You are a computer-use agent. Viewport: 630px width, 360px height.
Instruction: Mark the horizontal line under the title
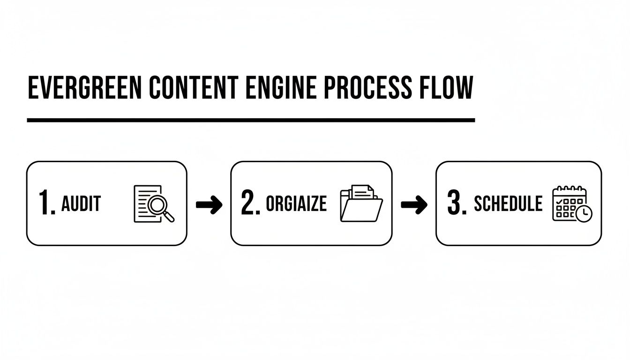pos(251,120)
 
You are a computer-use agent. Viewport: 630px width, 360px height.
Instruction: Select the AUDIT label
pos(81,204)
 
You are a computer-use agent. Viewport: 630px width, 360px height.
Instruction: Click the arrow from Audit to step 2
pos(209,204)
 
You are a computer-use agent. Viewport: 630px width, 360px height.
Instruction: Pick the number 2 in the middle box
pos(249,204)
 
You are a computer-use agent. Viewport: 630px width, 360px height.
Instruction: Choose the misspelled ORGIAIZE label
pos(296,204)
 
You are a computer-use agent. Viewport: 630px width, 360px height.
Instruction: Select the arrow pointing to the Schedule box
pos(414,204)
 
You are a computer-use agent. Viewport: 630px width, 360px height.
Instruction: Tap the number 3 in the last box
pos(456,204)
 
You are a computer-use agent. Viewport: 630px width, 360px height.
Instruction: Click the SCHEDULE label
pos(508,204)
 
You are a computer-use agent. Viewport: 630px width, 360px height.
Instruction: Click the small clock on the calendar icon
pos(584,213)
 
